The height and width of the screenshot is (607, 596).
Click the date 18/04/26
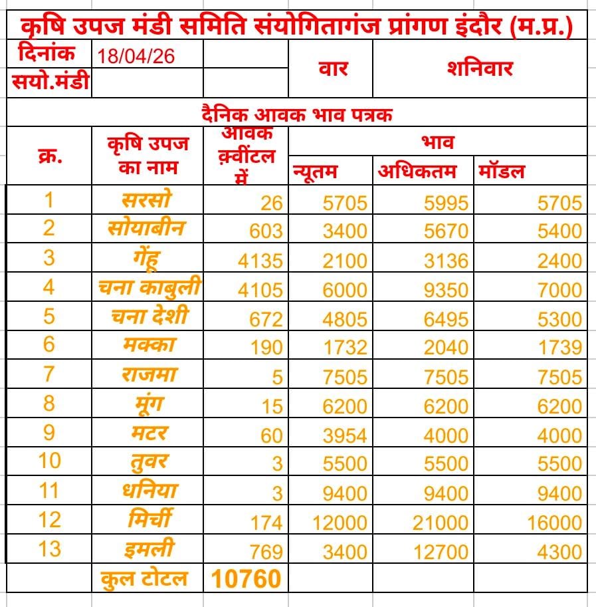(136, 55)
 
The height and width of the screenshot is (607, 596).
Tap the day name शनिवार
(480, 68)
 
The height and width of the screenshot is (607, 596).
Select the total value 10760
(246, 579)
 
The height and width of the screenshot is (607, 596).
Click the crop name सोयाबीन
(146, 228)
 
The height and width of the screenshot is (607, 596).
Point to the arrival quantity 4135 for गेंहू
(260, 260)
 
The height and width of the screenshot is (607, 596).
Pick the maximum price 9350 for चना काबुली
(446, 289)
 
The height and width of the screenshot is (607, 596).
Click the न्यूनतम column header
(316, 172)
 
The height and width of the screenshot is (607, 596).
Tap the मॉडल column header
(501, 172)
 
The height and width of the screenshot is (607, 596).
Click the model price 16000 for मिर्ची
(555, 522)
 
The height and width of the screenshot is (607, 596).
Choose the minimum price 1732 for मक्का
(345, 348)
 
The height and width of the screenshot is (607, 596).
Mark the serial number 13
(49, 548)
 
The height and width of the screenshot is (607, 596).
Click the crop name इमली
(149, 549)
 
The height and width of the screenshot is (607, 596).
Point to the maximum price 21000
(441, 522)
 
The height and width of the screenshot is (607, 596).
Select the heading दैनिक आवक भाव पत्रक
(296, 114)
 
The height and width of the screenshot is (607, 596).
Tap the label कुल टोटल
(144, 578)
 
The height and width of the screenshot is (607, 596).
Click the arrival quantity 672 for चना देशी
(266, 318)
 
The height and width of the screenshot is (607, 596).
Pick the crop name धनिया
(149, 491)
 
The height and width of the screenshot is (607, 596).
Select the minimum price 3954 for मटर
(345, 435)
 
